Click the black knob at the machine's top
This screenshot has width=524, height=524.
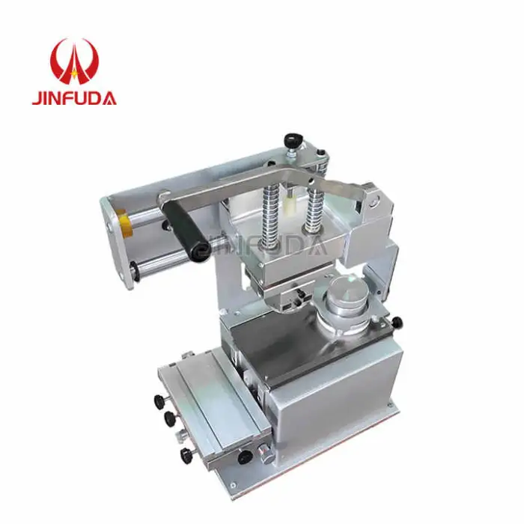point(292,140)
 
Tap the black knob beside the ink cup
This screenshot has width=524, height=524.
point(396,323)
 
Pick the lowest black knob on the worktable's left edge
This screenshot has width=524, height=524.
point(183,455)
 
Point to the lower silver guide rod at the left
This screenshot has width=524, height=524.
point(161,262)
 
